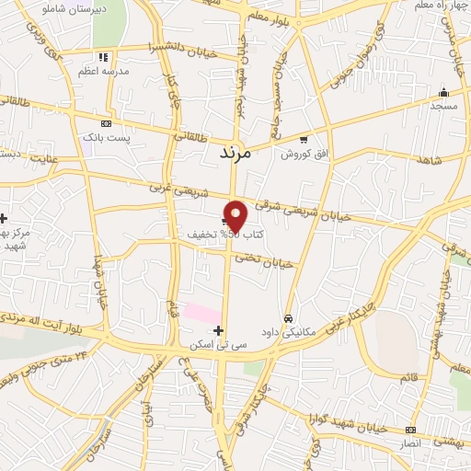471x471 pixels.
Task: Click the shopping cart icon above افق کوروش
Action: (304, 139)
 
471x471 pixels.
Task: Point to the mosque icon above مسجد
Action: (443, 92)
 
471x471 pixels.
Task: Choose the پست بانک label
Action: (102, 136)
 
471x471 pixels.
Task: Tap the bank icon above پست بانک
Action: (107, 122)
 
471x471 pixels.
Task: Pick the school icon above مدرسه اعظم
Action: (107, 56)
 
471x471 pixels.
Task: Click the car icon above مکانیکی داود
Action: (288, 317)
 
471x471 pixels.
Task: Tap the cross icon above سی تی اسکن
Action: (218, 330)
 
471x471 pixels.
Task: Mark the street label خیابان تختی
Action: (264, 260)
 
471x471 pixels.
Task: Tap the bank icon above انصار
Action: (409, 430)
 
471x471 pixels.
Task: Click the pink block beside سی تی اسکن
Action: (201, 313)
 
